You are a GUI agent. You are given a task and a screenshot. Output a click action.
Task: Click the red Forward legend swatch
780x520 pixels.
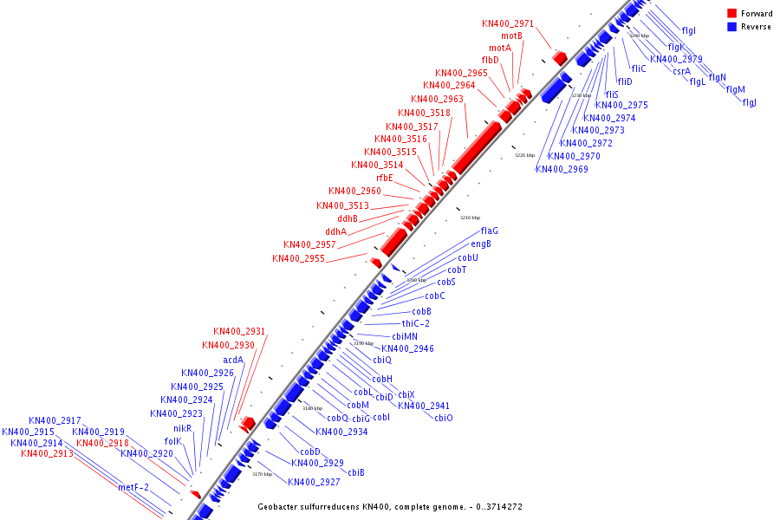tap(732, 14)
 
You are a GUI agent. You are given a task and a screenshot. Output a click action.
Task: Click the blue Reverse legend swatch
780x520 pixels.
tap(732, 27)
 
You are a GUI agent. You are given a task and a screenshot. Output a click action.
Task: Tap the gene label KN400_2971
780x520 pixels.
tap(508, 23)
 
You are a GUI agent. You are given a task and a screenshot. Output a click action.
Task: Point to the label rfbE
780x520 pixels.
tap(384, 178)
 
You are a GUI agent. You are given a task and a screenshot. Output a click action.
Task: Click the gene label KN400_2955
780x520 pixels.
tap(298, 258)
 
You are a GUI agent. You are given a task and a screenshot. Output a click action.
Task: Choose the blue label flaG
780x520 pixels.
tap(490, 231)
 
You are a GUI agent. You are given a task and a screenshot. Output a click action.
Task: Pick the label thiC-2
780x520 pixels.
tap(415, 323)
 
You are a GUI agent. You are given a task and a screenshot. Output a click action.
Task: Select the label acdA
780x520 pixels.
tap(233, 360)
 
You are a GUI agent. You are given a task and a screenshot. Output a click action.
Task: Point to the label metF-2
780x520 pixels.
tap(133, 487)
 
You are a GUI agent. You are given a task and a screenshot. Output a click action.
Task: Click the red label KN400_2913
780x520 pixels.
tap(47, 453)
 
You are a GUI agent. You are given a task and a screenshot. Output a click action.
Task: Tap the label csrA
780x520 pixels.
tap(681, 71)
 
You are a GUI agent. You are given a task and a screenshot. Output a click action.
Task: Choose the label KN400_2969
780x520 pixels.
tap(562, 169)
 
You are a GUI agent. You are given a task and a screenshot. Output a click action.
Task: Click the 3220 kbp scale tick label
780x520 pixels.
tap(525, 155)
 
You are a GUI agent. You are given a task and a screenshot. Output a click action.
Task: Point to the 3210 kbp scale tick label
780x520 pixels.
tap(470, 218)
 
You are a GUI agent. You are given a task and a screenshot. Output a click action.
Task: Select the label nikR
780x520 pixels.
tap(182, 428)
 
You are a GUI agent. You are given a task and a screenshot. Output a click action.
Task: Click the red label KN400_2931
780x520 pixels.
tap(239, 331)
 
